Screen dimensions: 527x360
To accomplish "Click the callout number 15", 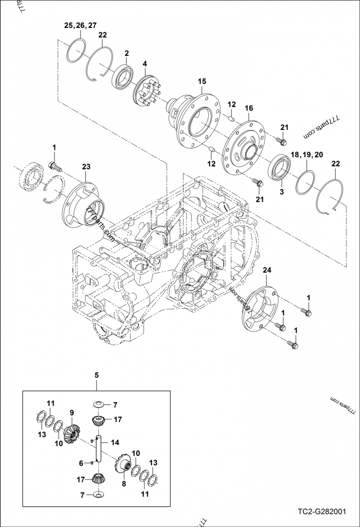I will (x=202, y=81).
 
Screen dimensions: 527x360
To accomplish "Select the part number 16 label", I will (x=249, y=108).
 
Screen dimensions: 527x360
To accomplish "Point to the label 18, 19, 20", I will (x=306, y=154).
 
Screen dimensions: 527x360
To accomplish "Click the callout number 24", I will (x=267, y=270).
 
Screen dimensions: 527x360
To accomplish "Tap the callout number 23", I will (x=86, y=166).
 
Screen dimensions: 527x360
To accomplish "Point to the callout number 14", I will (x=116, y=442).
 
